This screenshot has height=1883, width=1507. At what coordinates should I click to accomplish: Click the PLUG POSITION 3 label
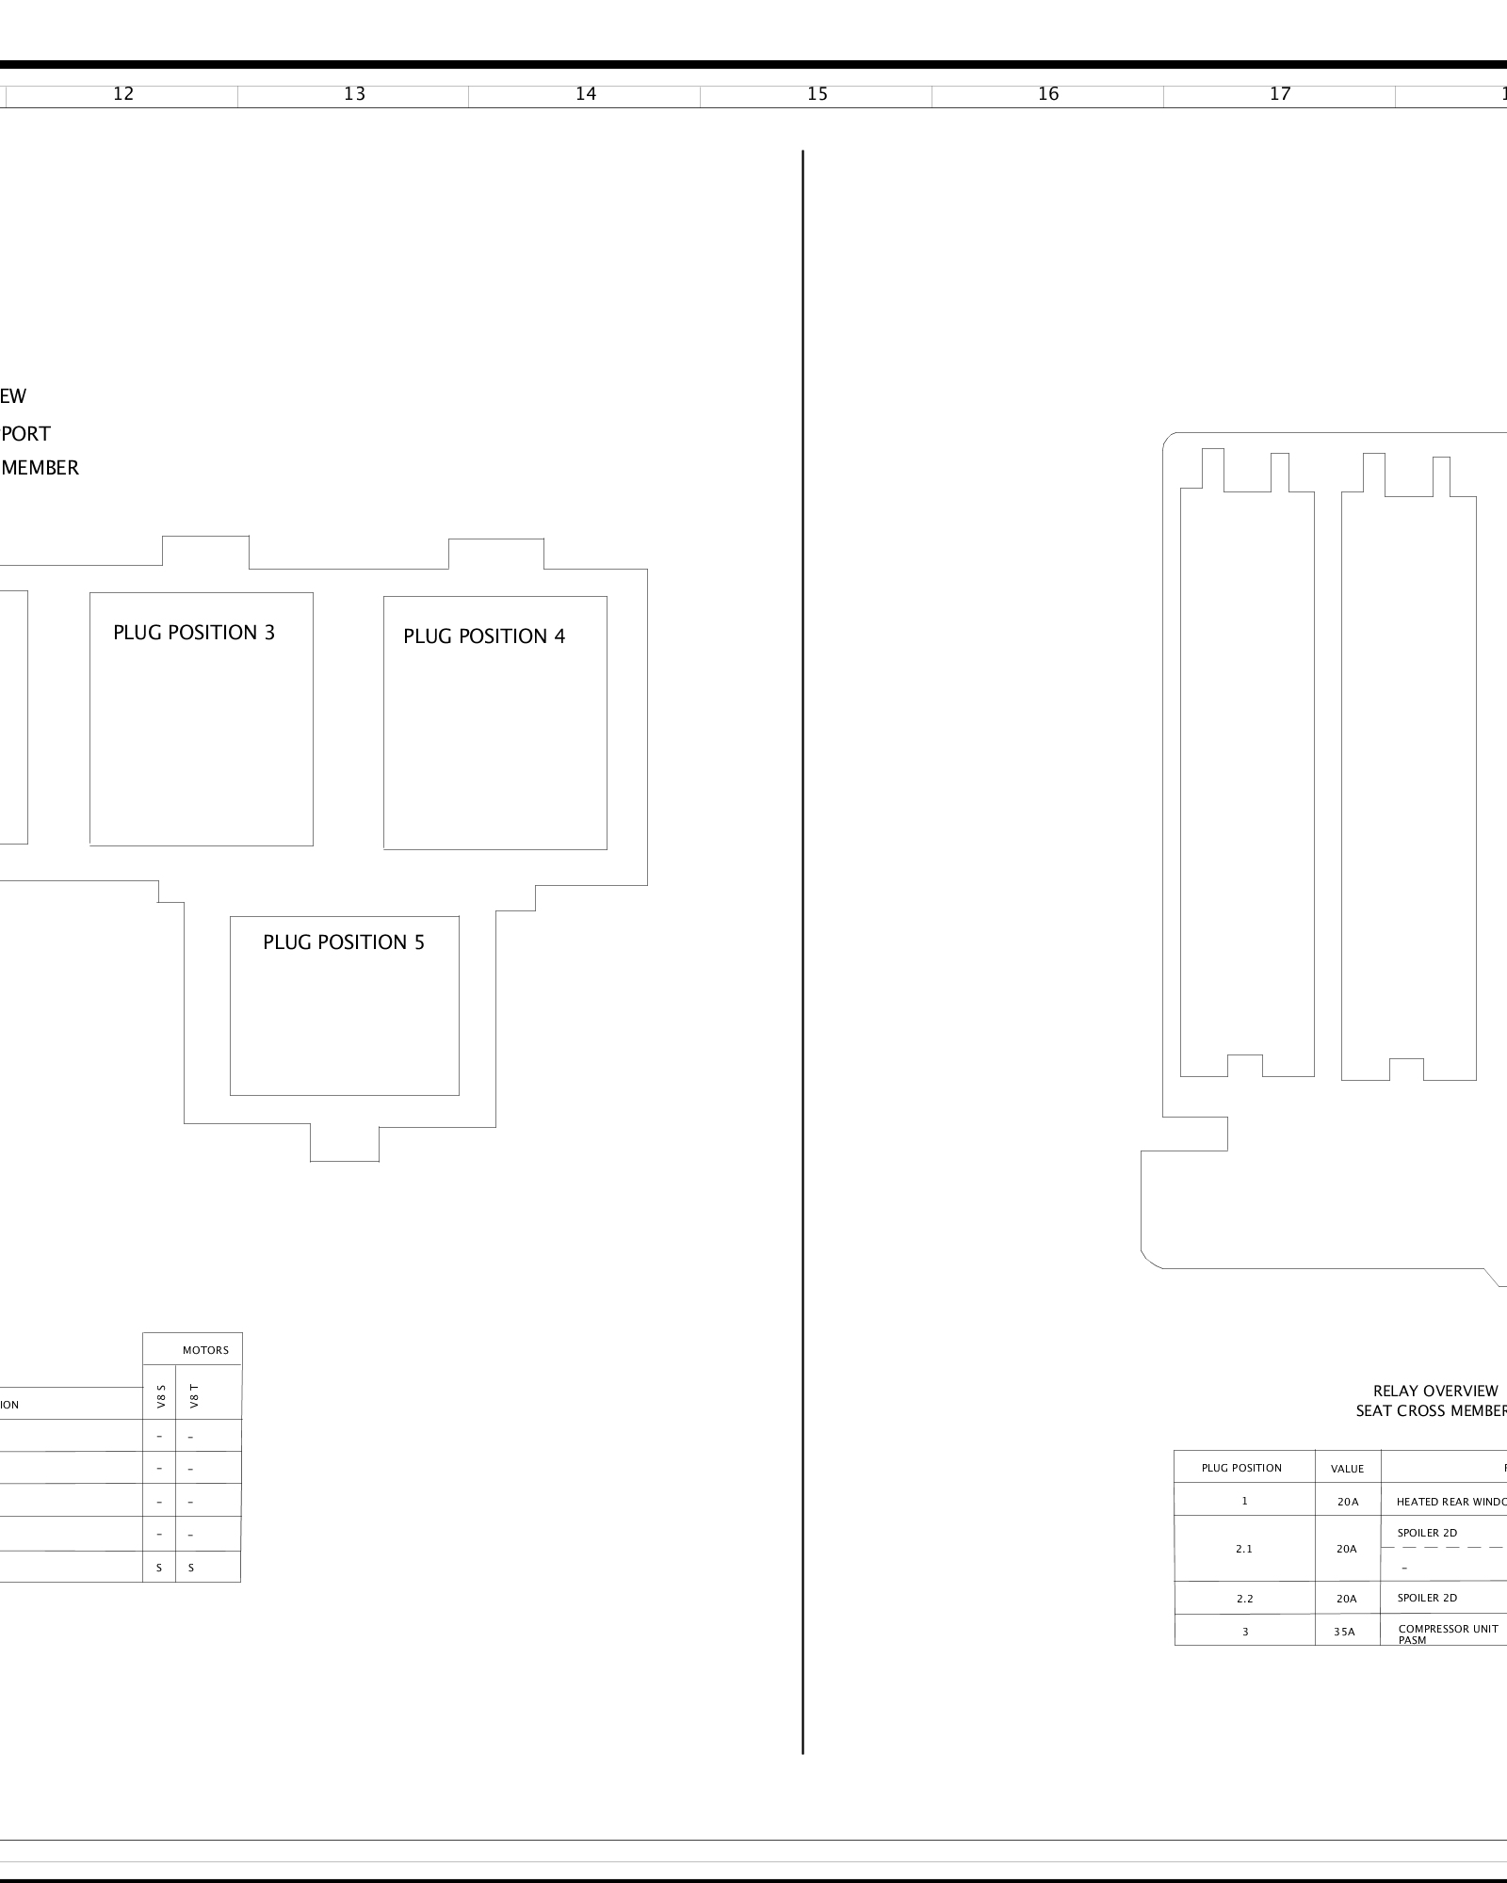tap(194, 633)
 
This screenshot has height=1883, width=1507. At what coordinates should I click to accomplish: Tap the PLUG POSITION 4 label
tap(484, 636)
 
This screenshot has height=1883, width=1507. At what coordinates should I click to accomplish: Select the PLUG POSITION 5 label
tap(344, 942)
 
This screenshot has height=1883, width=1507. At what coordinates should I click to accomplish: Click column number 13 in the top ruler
tap(354, 93)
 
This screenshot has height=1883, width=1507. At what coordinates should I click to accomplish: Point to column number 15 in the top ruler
tap(818, 93)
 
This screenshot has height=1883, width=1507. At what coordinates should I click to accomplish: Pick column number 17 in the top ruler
tap(1280, 93)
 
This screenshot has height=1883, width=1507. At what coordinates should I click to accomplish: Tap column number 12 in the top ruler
tap(123, 93)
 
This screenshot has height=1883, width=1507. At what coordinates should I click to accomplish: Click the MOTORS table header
tap(205, 1350)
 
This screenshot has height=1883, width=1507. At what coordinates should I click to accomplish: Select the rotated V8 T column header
tap(194, 1395)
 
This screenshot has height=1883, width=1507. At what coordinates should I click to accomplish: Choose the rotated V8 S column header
tap(161, 1395)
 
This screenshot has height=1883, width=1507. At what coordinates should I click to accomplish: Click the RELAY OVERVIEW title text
tap(1435, 1391)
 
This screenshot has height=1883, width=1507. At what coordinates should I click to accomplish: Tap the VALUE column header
tap(1347, 1469)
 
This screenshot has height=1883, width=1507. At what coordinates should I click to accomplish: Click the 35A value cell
tap(1344, 1632)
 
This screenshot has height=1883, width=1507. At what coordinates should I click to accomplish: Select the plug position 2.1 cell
tap(1244, 1549)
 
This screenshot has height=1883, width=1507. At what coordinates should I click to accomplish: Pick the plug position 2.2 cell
tap(1244, 1599)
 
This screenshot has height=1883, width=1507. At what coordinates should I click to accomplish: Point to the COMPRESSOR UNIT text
tap(1448, 1629)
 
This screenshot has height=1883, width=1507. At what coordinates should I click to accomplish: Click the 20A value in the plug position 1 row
tap(1347, 1502)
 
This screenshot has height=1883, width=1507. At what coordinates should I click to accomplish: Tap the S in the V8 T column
tap(191, 1568)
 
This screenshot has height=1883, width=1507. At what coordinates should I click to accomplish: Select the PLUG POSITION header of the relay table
tap(1241, 1468)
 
